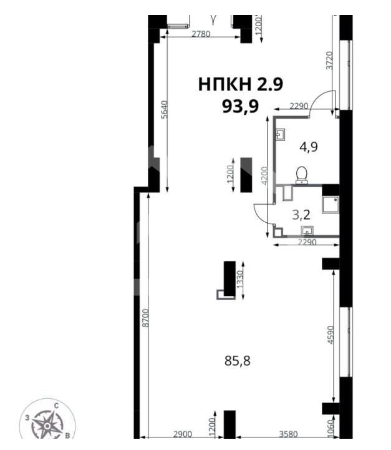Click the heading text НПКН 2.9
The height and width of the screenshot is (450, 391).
pos(241,84)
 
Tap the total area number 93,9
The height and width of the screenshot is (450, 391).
pos(241,107)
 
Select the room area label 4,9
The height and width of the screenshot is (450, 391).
pos(309,147)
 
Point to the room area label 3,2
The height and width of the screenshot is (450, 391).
pos(301,215)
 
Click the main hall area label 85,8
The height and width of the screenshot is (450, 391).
pos(238,361)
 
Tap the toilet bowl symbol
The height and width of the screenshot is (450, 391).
pos(302,175)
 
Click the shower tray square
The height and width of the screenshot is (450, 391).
pos(331,205)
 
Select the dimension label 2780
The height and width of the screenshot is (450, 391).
pos(201,34)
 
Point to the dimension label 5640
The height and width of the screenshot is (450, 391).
pos(164,109)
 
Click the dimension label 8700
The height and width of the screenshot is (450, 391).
pos(146,318)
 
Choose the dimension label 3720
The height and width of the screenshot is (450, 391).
pos(329,61)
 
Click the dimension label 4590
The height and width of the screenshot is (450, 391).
pos(331,335)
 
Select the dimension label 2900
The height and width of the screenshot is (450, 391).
pos(183,434)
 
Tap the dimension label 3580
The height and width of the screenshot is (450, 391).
pos(288,434)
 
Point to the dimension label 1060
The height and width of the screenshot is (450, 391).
pos(331,429)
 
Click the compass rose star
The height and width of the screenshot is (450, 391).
pos(47,426)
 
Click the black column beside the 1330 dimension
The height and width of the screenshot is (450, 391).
pos(229,278)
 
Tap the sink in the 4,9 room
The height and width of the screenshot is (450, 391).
pos(281,135)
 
